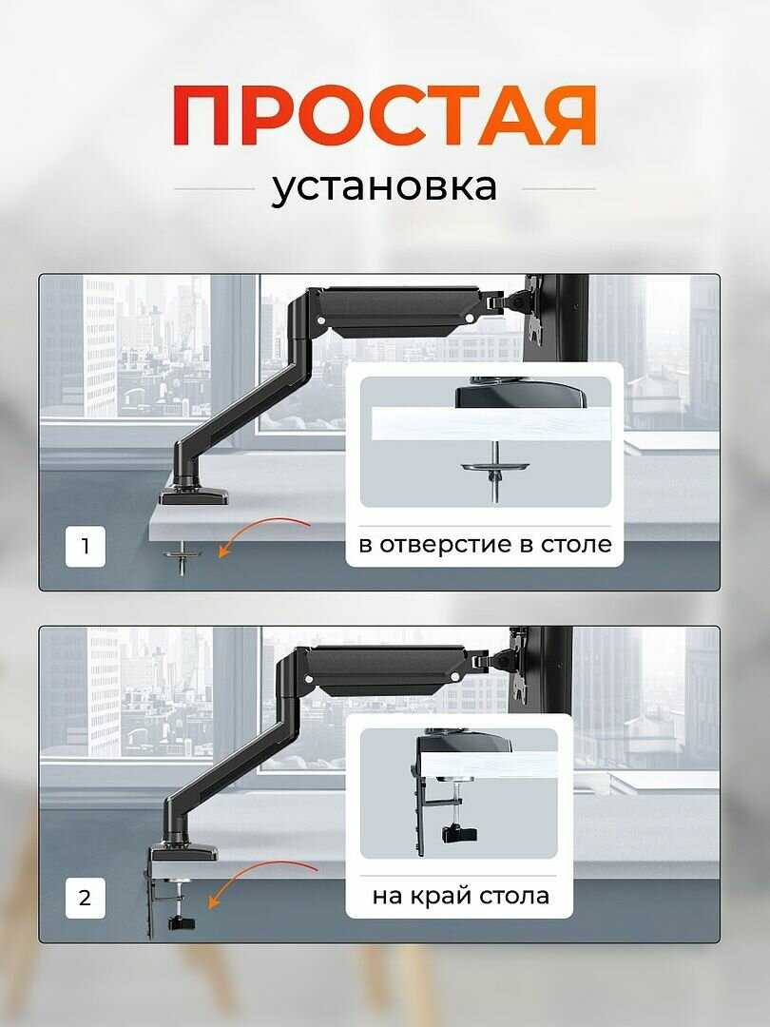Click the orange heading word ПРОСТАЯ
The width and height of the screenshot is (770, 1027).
[x=385, y=116]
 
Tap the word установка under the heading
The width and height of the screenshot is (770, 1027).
[x=384, y=186]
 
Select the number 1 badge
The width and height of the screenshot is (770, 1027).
[x=86, y=547]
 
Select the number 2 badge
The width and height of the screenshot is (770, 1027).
[x=86, y=898]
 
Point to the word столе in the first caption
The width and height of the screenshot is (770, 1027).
[x=578, y=546]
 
